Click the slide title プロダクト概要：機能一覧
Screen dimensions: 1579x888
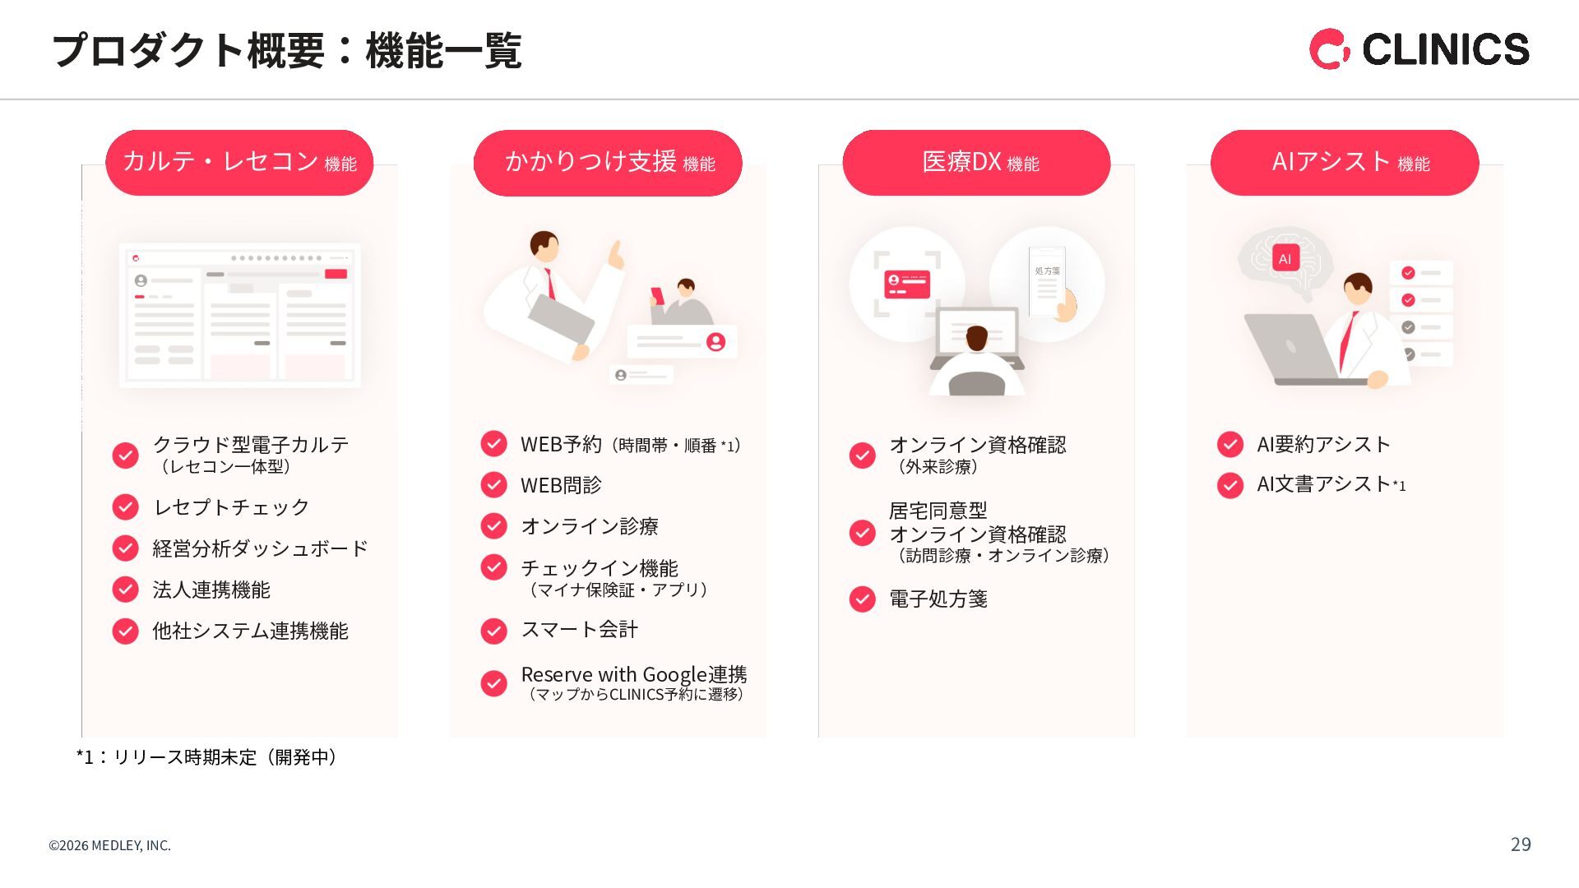[286, 50]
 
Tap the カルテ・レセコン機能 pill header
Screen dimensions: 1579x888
[239, 163]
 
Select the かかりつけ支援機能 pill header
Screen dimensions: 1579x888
[608, 163]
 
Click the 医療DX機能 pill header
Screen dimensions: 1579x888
[976, 163]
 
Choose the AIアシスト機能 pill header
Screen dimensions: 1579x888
[1345, 163]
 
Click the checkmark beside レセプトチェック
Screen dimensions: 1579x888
[125, 506]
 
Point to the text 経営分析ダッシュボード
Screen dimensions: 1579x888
[260, 548]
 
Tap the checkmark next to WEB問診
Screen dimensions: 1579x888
[493, 485]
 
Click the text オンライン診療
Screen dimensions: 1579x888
[590, 526]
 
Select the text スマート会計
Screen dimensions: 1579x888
[580, 630]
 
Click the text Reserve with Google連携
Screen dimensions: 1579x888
[634, 675]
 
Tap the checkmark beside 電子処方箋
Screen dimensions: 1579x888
[862, 599]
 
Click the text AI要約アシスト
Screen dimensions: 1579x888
[1323, 444]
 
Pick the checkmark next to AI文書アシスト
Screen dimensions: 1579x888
[1230, 485]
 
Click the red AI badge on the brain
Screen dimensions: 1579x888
[1285, 258]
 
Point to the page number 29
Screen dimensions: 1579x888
[1521, 844]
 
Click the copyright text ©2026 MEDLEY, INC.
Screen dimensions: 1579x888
[110, 845]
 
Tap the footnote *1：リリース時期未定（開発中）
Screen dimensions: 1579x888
[207, 757]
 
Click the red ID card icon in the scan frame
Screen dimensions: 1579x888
[907, 284]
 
